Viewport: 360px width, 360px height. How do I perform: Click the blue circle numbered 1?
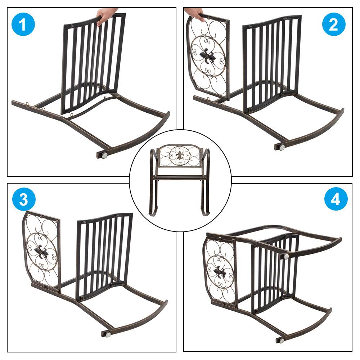(x=23, y=24)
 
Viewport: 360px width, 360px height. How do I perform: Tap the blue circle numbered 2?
(x=334, y=24)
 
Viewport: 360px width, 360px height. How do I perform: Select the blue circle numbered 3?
(x=24, y=199)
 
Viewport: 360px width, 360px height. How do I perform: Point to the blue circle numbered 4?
(x=336, y=199)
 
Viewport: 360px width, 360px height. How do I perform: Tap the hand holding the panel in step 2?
(x=195, y=13)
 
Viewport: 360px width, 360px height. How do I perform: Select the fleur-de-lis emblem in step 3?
(x=41, y=252)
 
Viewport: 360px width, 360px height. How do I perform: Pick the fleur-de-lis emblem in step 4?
(x=220, y=271)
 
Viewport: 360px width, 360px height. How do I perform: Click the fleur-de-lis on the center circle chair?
(x=180, y=156)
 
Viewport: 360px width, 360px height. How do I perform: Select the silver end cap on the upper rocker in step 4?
(x=286, y=256)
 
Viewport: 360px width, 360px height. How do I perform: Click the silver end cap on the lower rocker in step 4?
(x=282, y=340)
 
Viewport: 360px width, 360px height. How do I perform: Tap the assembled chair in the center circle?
(x=180, y=180)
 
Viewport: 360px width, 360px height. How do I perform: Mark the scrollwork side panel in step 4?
(x=220, y=271)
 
